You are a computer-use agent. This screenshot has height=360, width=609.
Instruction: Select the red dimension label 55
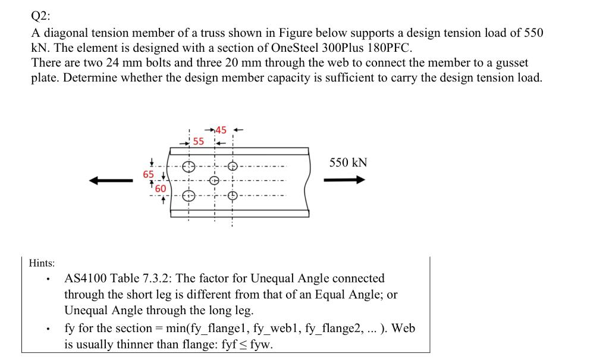pyautogui.click(x=199, y=142)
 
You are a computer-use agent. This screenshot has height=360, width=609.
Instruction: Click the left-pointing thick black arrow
pyautogui.click(x=111, y=181)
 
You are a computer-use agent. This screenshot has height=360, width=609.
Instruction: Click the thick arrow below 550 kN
pyautogui.click(x=344, y=181)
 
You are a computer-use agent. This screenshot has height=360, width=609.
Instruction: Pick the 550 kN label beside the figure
pyautogui.click(x=348, y=162)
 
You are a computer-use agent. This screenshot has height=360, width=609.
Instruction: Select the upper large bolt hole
pyautogui.click(x=189, y=165)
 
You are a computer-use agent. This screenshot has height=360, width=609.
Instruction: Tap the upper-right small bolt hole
pyautogui.click(x=233, y=165)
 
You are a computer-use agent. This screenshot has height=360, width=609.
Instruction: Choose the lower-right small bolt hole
pyautogui.click(x=233, y=195)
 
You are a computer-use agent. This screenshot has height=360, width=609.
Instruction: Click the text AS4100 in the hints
pyautogui.click(x=85, y=278)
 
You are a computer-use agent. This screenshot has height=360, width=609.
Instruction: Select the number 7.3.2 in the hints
pyautogui.click(x=156, y=278)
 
